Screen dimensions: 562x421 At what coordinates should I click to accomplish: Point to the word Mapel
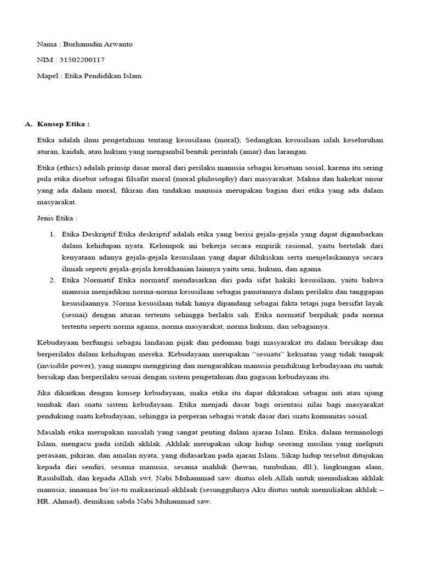pyautogui.click(x=47, y=76)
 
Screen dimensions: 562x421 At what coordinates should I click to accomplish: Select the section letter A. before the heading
pyautogui.click(x=29, y=124)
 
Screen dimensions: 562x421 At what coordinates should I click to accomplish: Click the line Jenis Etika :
pyautogui.click(x=58, y=218)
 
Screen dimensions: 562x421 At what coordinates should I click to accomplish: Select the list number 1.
pyautogui.click(x=53, y=234)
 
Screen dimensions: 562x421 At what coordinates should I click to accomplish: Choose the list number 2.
pyautogui.click(x=53, y=280)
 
